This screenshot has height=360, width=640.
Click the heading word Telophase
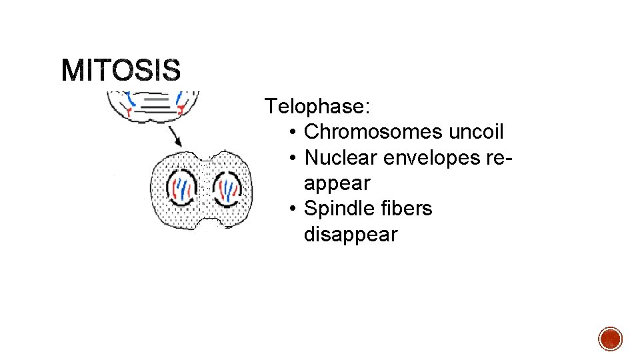(x=319, y=106)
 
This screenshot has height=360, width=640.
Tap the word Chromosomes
(x=373, y=132)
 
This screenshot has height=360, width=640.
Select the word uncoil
(x=476, y=132)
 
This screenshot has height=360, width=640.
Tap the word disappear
(x=350, y=235)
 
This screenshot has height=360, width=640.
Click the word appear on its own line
(x=337, y=183)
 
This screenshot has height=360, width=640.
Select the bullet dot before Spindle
(x=293, y=209)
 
